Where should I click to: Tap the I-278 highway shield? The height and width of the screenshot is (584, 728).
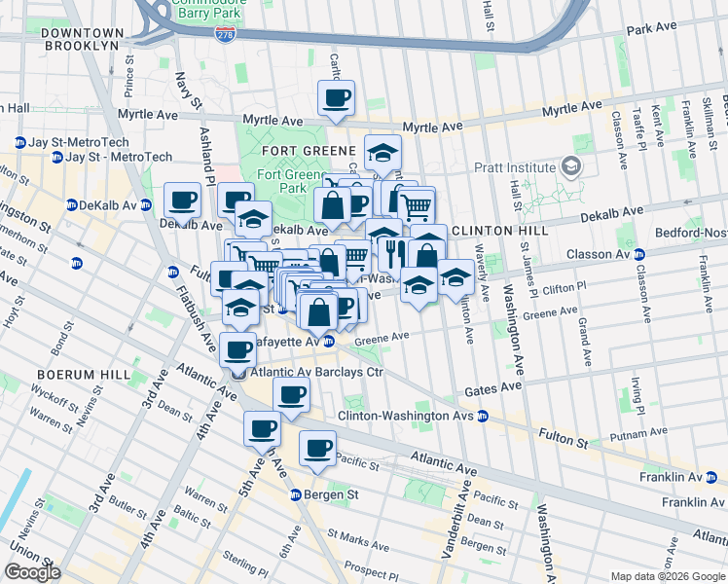point(224,34)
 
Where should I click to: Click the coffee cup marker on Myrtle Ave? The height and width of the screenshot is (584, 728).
point(336,98)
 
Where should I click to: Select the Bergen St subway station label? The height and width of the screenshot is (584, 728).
point(325,494)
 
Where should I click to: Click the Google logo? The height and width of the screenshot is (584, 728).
point(33,572)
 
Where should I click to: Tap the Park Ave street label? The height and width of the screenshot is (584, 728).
point(652,30)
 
